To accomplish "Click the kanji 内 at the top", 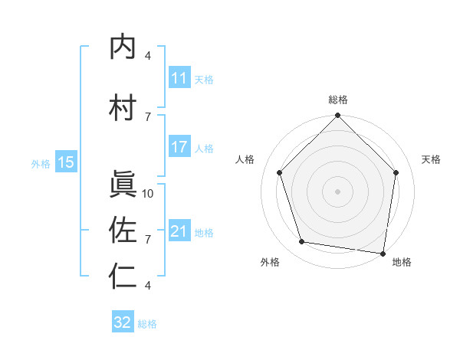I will pos(123,48).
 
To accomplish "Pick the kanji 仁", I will pos(123,277).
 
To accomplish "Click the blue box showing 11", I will pos(179,79).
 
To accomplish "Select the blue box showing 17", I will pos(179,148).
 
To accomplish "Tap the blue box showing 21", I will pos(179,232).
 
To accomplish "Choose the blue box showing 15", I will pos(66,162).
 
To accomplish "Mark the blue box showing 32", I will pos(123,322).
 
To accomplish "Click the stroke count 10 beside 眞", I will pos(148,194).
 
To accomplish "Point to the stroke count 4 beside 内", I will pos(148,56).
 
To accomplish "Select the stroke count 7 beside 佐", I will pos(148,240).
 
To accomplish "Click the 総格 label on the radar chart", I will pos(338,100).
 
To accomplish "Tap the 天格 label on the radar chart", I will pos(432,159).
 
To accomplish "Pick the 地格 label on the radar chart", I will pos(402,262).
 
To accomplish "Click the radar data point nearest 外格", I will pos(302,242).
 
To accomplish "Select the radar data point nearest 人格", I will pos(280,172).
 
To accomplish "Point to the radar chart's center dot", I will pos(338,191).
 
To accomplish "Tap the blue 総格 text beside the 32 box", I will pos(147,324).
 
